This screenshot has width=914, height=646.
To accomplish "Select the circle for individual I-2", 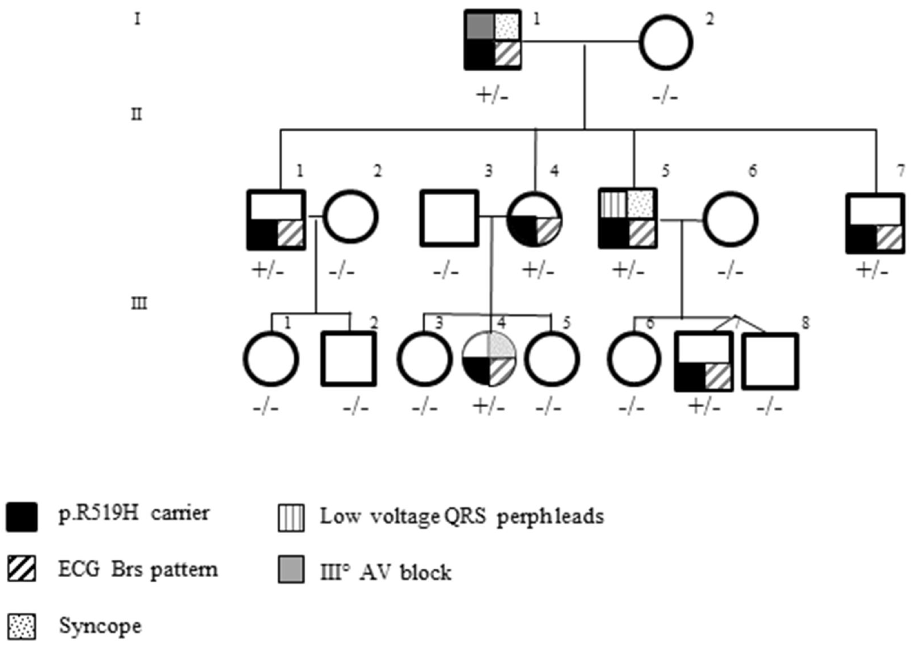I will pos(666,42).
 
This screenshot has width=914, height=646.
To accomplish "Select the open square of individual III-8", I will pos(770,361).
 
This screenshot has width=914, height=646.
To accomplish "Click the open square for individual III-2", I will pos(349,359).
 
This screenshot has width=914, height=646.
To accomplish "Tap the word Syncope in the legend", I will pos(100,626).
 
